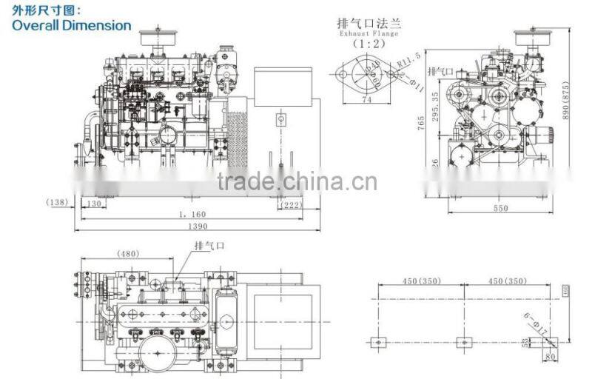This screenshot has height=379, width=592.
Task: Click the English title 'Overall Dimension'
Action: tap(72, 24)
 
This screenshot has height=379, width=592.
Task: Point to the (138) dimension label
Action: tap(56, 202)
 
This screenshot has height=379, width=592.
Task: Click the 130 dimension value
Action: tap(93, 204)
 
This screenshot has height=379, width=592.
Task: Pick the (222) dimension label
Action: tap(292, 204)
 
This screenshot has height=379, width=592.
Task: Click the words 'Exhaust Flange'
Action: tap(368, 33)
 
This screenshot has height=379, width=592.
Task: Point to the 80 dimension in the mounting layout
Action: tap(549, 355)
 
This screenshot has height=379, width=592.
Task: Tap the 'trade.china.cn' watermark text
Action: tap(296, 181)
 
